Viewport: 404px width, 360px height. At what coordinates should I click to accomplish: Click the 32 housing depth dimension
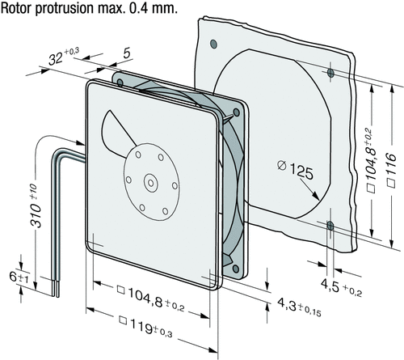(x=64, y=57)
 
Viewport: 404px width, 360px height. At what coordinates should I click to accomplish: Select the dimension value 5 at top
(x=127, y=53)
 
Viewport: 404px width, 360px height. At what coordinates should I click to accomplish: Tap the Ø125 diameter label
(x=296, y=169)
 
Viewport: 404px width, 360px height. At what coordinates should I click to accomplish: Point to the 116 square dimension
(x=391, y=170)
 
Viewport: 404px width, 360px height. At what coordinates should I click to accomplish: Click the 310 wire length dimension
(x=36, y=205)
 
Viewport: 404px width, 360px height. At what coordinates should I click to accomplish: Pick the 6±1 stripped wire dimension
(x=19, y=277)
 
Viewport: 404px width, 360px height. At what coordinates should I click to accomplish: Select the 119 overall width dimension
(x=145, y=327)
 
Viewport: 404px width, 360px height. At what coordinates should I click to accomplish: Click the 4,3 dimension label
(x=299, y=307)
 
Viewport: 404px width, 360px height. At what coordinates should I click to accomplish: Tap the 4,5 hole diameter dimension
(x=341, y=288)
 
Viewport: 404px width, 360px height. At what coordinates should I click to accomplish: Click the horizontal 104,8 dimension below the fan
(x=151, y=299)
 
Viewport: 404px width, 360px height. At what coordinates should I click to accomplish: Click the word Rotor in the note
(x=16, y=8)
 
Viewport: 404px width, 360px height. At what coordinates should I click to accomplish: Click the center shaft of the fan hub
(x=150, y=184)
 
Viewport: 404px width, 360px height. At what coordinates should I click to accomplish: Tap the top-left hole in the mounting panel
(x=213, y=44)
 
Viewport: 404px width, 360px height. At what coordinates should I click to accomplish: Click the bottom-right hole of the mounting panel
(x=330, y=226)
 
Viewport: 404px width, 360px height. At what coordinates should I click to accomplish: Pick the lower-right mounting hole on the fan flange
(x=236, y=269)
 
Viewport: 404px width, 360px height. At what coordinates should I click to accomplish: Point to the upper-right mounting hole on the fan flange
(x=236, y=112)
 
